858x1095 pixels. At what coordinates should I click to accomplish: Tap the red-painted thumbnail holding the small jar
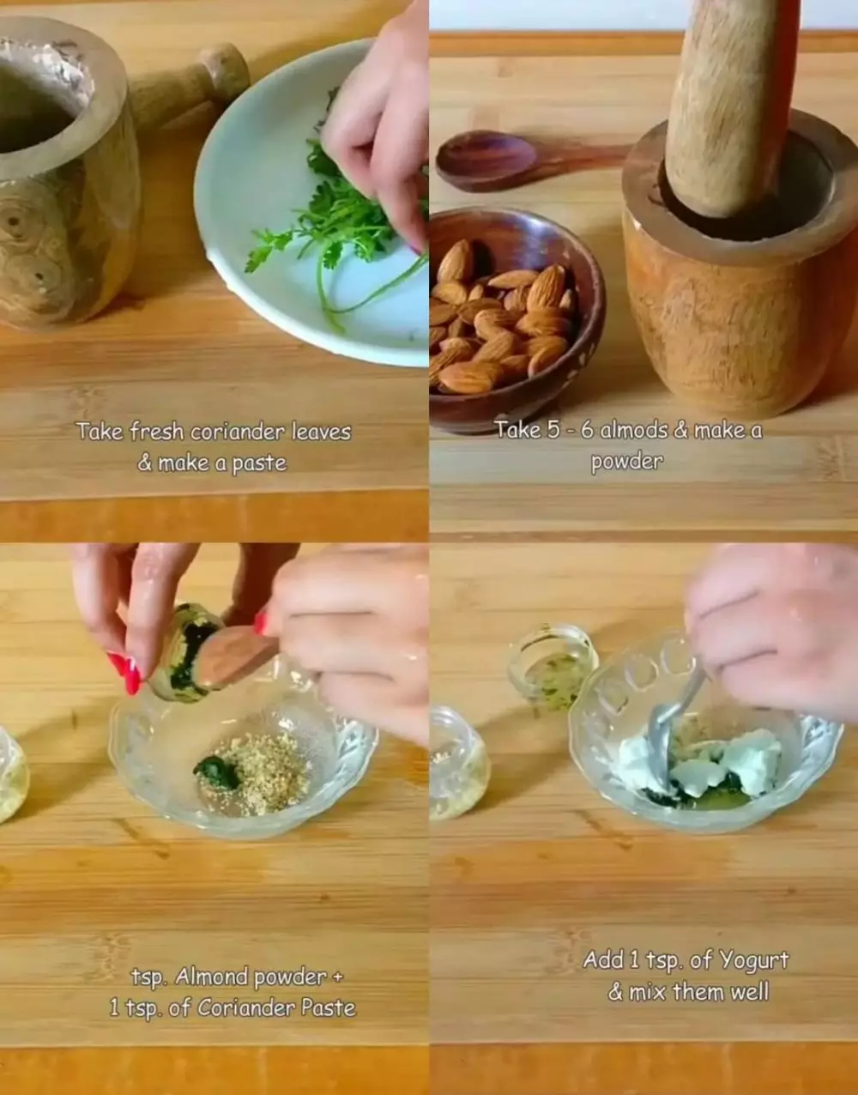coord(126,673)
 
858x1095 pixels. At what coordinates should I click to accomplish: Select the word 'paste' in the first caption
coord(259,464)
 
